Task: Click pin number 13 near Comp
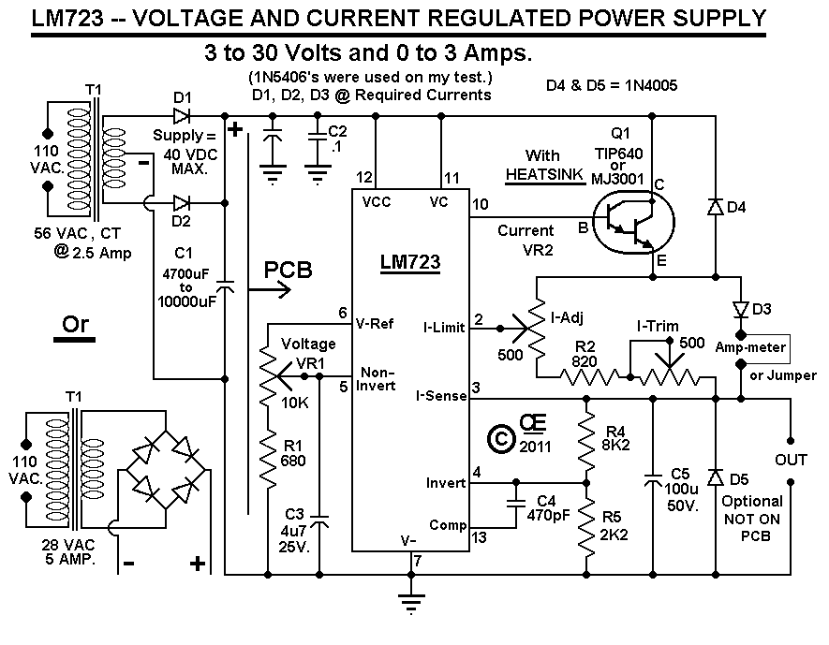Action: (480, 536)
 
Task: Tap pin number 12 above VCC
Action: (363, 176)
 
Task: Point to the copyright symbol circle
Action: (503, 436)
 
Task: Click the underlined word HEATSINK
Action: (543, 175)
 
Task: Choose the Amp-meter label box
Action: (760, 346)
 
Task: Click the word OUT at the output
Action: (791, 460)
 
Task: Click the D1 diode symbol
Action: (183, 117)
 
